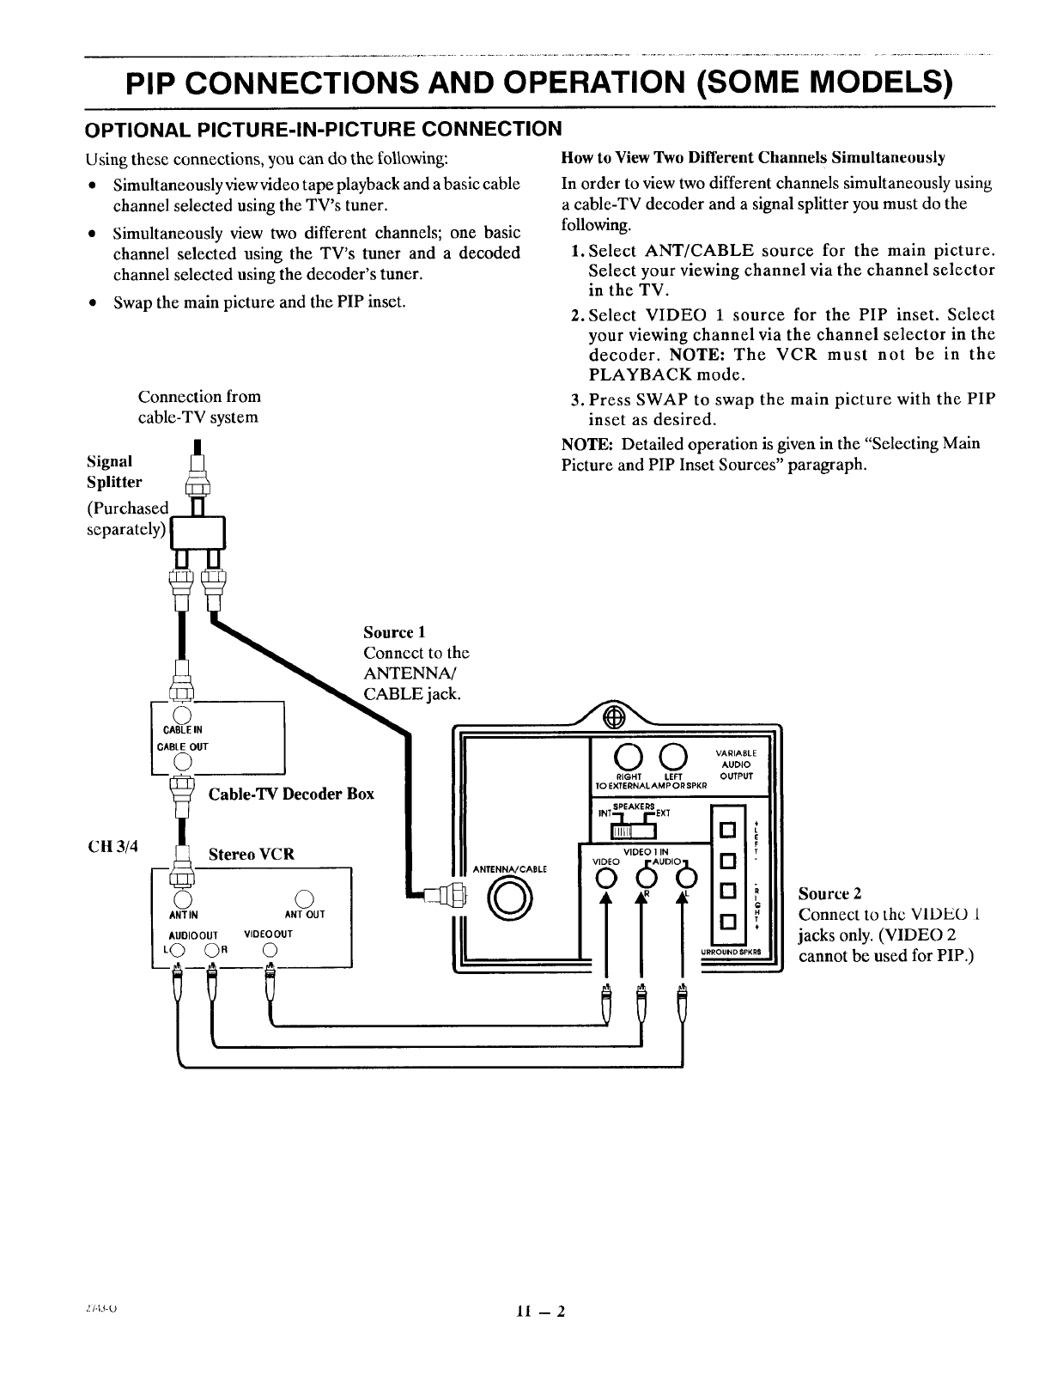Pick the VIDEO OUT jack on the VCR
coord(270,948)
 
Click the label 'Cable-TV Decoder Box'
coord(291,794)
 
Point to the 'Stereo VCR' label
coord(252,854)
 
